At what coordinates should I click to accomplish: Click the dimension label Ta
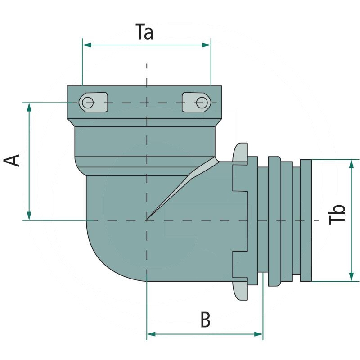(145, 32)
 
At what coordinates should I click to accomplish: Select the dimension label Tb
(338, 214)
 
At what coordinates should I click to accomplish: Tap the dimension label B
(205, 320)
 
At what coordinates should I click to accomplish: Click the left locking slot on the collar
(93, 103)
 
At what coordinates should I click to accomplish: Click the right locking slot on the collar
(196, 103)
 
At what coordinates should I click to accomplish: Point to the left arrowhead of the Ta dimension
(86, 45)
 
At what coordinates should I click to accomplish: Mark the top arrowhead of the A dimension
(29, 106)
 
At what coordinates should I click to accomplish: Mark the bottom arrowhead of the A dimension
(29, 216)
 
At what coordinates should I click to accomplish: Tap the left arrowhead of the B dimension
(151, 334)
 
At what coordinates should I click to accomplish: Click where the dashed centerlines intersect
(147, 220)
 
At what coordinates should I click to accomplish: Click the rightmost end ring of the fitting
(306, 220)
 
